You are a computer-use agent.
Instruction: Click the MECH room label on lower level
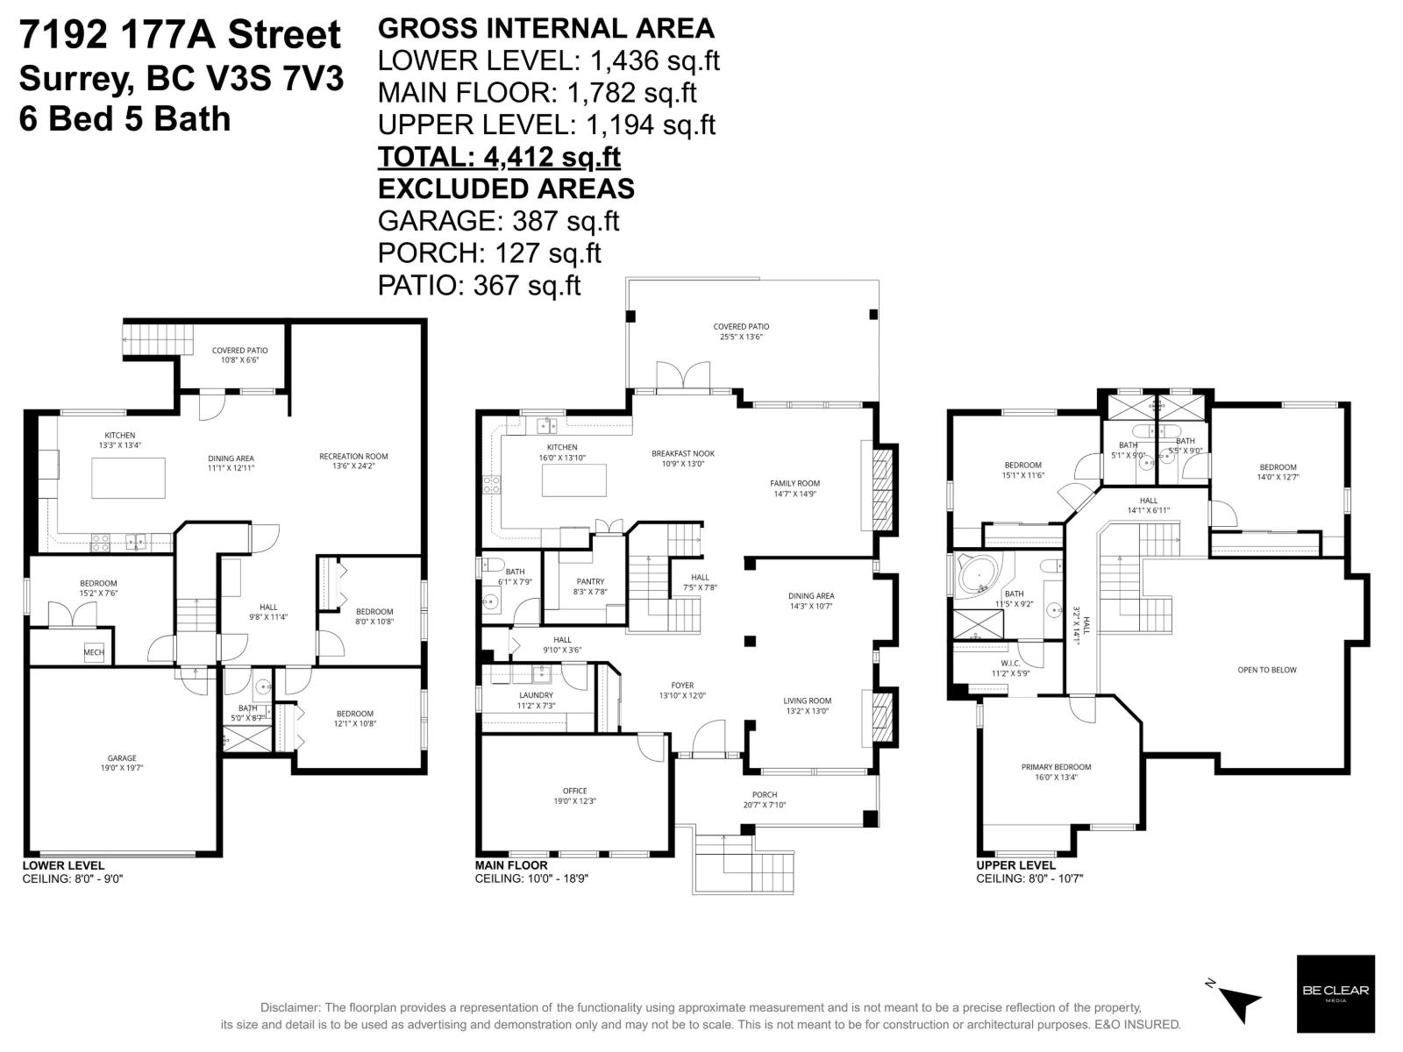pos(94,652)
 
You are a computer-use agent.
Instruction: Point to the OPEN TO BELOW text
pos(1266,670)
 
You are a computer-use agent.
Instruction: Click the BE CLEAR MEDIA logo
pos(1335,992)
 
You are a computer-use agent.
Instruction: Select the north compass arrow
pos(1240,999)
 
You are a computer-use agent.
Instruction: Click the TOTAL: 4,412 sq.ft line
pos(499,157)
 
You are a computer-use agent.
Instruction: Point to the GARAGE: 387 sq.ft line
pos(498,221)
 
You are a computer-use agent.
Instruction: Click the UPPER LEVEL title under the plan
pos(1015,865)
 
